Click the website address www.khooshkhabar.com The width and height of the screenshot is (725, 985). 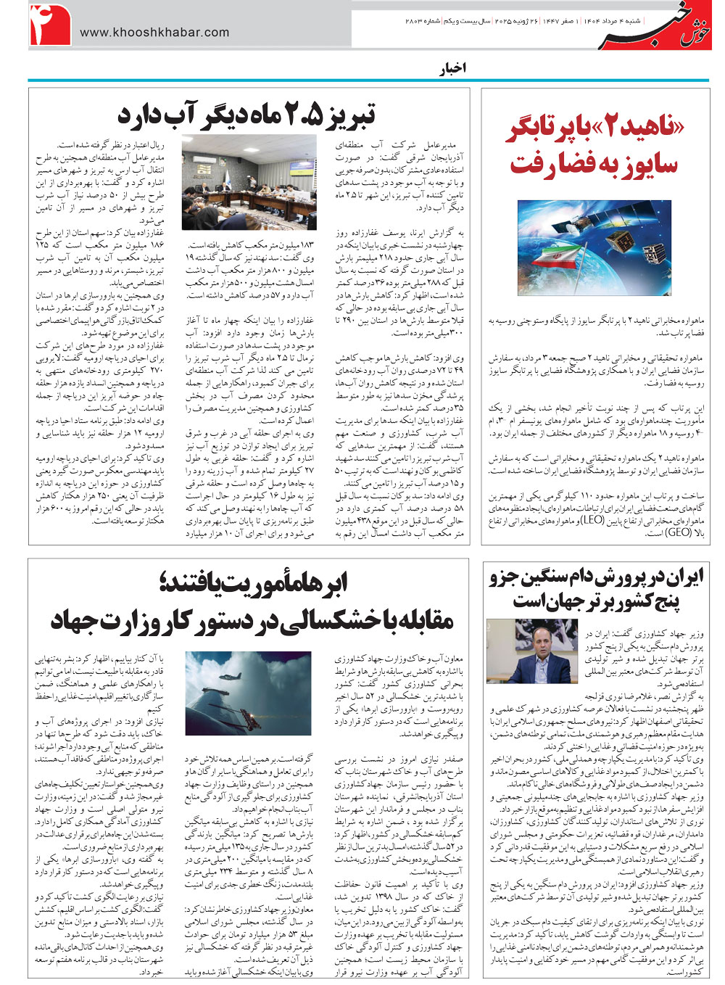pos(154,32)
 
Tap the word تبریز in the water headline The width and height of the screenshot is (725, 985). pos(345,115)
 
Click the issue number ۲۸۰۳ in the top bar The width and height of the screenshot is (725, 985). pos(418,23)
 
